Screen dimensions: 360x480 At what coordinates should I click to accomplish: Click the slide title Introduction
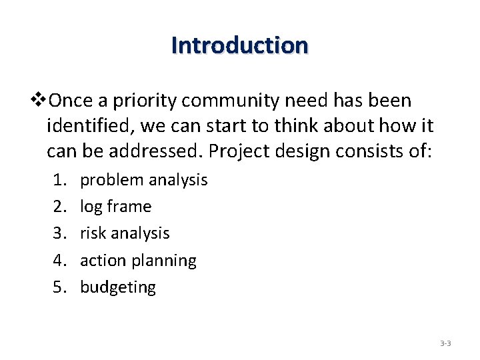coord(239,45)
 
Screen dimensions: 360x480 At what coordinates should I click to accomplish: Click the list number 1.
coord(58,180)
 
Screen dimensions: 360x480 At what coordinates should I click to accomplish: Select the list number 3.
coord(58,233)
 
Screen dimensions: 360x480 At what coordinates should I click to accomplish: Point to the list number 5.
coord(58,287)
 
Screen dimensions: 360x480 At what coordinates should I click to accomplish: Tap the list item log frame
coord(115,207)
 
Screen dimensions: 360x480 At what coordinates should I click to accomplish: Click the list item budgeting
coord(117,287)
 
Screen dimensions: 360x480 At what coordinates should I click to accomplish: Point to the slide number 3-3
coord(445,344)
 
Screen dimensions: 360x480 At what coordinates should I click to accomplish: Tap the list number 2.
coord(58,207)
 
